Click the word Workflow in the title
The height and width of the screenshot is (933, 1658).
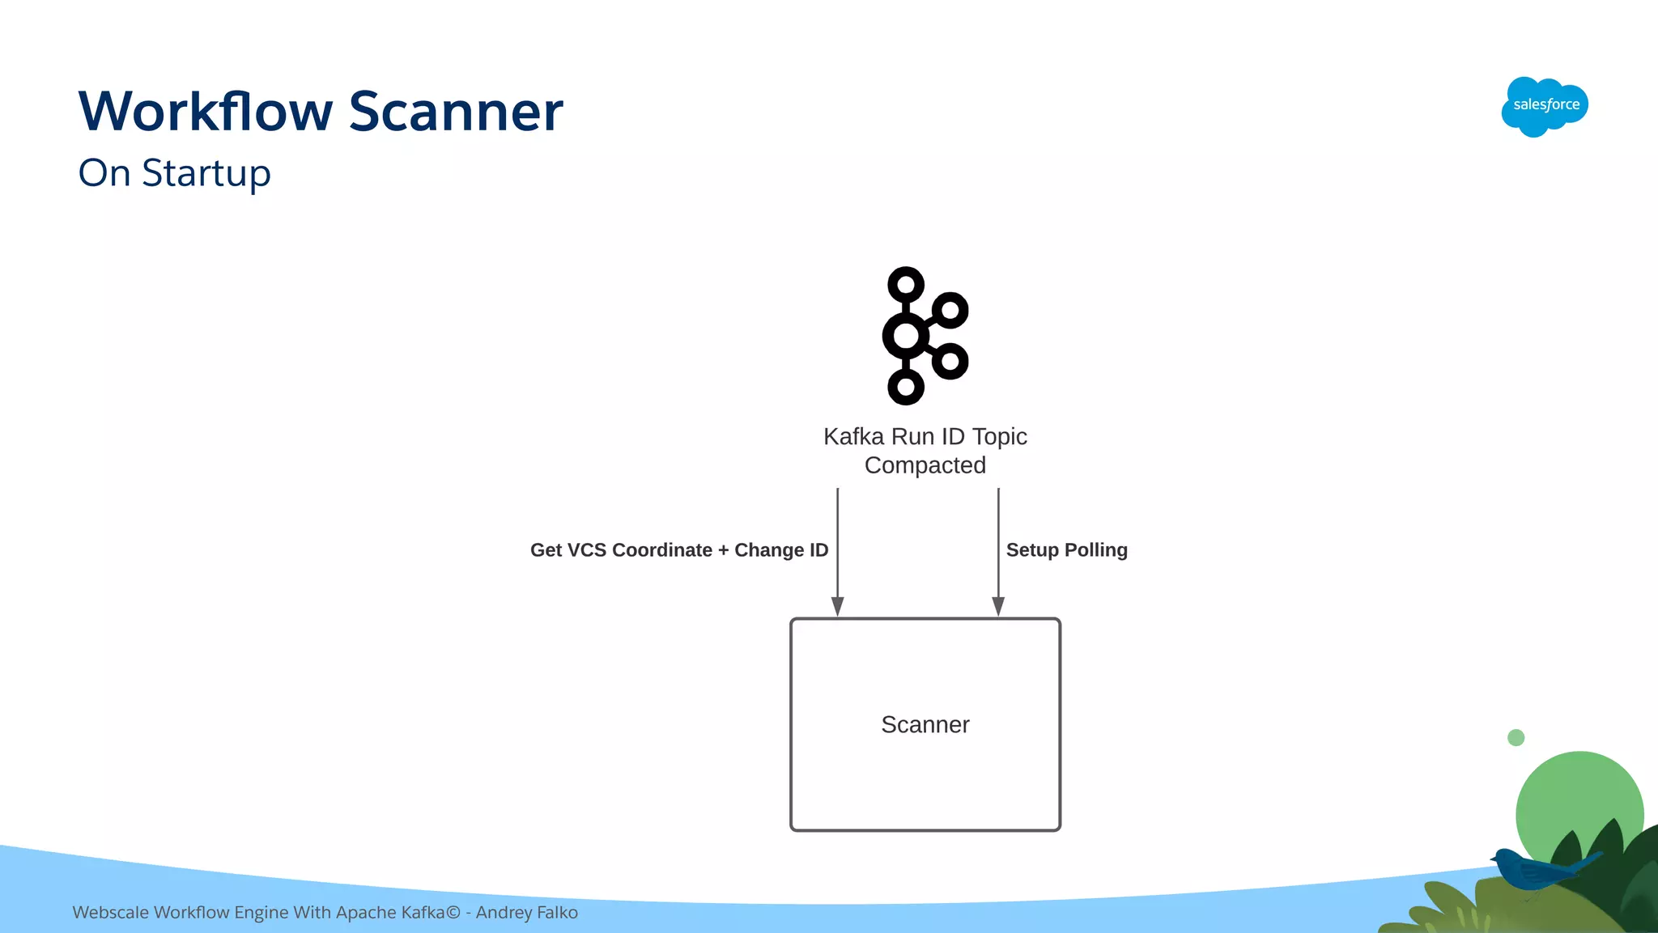tap(206, 111)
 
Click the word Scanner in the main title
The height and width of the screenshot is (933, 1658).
tap(456, 111)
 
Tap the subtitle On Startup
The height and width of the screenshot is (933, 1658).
tap(174, 173)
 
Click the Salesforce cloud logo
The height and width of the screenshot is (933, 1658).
tap(1545, 106)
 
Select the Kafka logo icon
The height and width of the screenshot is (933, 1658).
tap(925, 336)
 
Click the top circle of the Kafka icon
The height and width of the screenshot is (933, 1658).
tap(906, 285)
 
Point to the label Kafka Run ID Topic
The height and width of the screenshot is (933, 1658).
tap(925, 436)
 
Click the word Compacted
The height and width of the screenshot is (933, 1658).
tap(925, 465)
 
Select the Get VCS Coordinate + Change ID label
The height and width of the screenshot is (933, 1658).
tap(678, 550)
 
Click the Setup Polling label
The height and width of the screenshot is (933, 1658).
tap(1066, 550)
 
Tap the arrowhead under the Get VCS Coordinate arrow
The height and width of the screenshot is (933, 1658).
tap(838, 606)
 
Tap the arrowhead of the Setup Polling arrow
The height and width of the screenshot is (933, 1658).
tap(998, 606)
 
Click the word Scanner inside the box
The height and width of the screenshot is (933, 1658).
tap(925, 724)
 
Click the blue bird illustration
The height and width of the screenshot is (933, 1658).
tap(1534, 870)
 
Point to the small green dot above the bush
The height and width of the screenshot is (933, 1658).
tap(1516, 737)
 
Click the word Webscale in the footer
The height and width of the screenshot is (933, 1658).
tap(110, 913)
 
